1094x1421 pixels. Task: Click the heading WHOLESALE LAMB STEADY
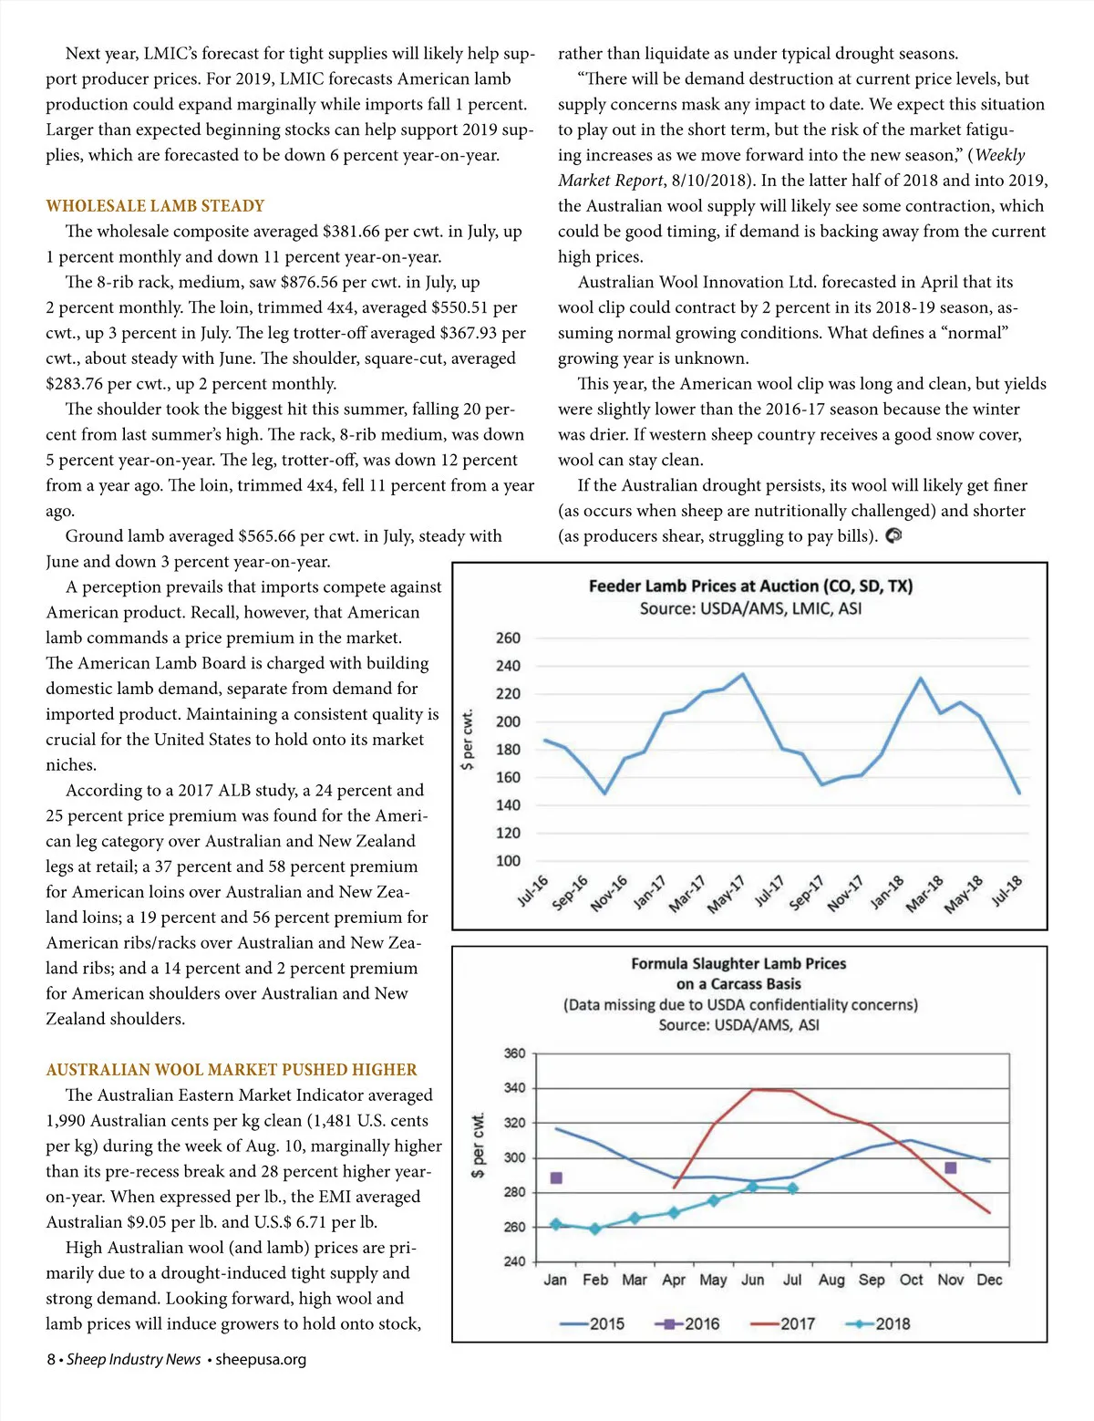(155, 206)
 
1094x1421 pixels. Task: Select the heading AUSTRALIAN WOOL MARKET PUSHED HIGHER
(232, 1070)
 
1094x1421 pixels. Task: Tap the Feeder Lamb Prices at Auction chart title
(750, 586)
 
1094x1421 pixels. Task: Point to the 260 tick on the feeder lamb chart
(508, 638)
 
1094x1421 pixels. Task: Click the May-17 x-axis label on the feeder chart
(727, 894)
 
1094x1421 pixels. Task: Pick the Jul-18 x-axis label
(1007, 890)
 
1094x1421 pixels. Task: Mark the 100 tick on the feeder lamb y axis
(508, 861)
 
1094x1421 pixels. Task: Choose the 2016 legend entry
(687, 1323)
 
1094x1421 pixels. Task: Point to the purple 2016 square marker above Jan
(556, 1178)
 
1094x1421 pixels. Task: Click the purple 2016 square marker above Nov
(951, 1167)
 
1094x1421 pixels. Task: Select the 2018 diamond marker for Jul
(792, 1188)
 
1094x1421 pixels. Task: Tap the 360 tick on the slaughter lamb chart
(515, 1053)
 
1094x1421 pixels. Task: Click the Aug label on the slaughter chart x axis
(831, 1280)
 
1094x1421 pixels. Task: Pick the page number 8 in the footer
(51, 1360)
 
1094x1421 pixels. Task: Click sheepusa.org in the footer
(261, 1360)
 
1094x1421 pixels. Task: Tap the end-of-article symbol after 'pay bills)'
(893, 536)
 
